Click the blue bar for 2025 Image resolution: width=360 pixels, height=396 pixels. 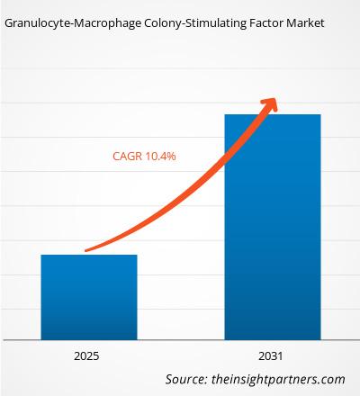coord(88,297)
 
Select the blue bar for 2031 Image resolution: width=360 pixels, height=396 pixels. coord(272,225)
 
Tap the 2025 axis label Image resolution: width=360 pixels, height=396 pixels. coord(88,355)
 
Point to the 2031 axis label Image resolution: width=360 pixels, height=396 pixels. coord(272,355)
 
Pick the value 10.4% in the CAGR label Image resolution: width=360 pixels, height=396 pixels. coord(159,156)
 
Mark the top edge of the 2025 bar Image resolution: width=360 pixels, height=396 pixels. coord(88,256)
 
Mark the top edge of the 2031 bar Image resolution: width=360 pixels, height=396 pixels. coord(272,115)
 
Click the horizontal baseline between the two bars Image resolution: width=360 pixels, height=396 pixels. coord(180,339)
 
